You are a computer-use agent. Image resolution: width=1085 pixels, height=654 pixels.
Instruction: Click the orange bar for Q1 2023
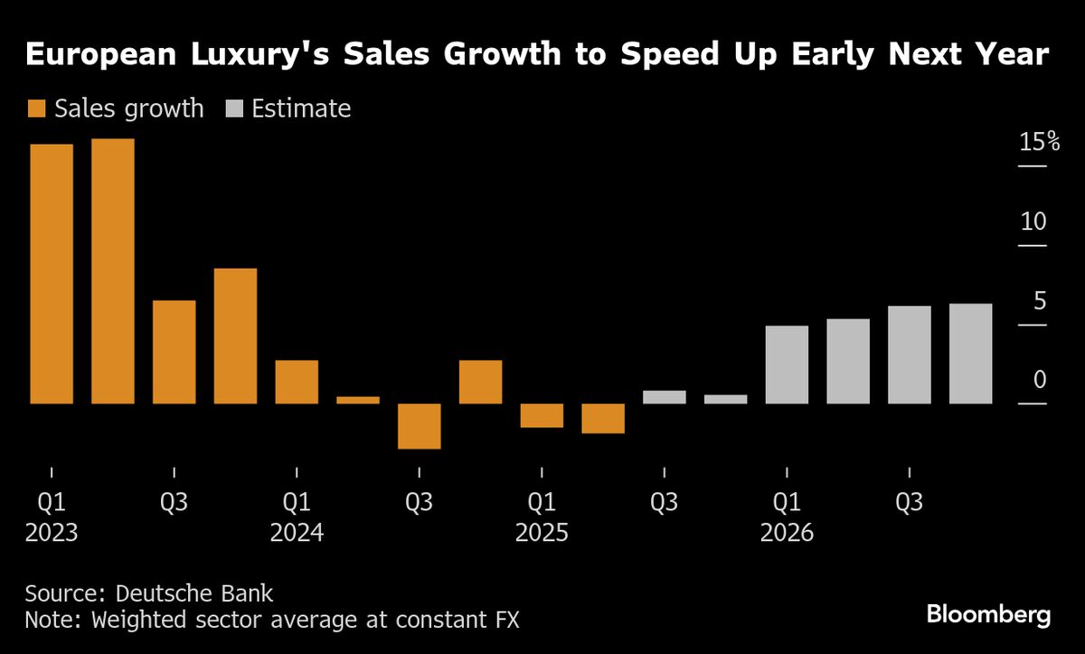(52, 273)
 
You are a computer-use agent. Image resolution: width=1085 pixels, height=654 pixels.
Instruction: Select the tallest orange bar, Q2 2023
(113, 270)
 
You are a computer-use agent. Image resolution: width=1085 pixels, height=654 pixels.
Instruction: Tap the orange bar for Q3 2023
(175, 351)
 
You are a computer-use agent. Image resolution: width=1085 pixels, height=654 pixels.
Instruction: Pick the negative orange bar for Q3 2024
(420, 426)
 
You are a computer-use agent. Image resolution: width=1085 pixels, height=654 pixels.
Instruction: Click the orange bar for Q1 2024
(297, 381)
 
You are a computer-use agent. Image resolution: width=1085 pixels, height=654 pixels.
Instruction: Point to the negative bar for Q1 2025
(542, 415)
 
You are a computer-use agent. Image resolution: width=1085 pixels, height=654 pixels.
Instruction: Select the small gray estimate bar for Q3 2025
(665, 396)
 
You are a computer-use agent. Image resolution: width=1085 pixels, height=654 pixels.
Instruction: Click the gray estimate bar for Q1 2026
(787, 364)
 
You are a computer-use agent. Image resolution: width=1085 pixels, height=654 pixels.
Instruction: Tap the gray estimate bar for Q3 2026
(910, 354)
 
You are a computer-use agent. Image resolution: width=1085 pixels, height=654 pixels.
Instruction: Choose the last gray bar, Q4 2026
(970, 353)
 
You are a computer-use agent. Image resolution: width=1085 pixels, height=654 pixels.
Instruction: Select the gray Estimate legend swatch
(233, 109)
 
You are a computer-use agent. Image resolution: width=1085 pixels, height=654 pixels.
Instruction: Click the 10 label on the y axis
(1033, 222)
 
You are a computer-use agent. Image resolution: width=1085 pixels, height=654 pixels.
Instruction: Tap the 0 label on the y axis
(1039, 380)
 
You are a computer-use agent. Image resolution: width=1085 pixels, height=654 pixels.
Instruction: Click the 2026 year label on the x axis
(787, 533)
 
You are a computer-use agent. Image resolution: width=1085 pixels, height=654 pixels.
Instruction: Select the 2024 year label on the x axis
(297, 533)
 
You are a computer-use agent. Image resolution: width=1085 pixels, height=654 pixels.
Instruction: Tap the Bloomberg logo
(988, 615)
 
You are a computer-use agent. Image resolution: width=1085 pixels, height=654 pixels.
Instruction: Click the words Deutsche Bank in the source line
(194, 594)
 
